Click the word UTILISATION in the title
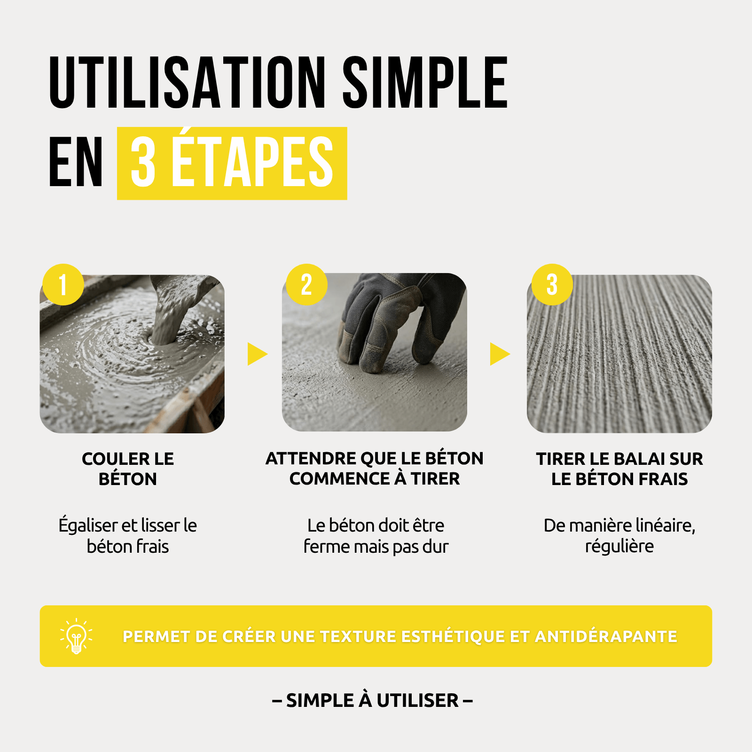(187, 82)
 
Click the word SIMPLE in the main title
(425, 82)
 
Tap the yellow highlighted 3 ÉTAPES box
(232, 163)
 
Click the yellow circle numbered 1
(63, 284)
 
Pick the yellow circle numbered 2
(307, 284)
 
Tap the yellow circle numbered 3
(552, 284)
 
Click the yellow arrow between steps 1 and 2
(257, 354)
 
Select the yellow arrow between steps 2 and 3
(499, 354)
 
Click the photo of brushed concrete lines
(619, 354)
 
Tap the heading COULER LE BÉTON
(128, 469)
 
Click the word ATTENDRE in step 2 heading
(311, 458)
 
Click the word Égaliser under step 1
(88, 525)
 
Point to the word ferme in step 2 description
(326, 547)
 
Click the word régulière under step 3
(619, 547)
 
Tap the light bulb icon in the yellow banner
(76, 636)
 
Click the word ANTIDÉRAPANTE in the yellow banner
(606, 636)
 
